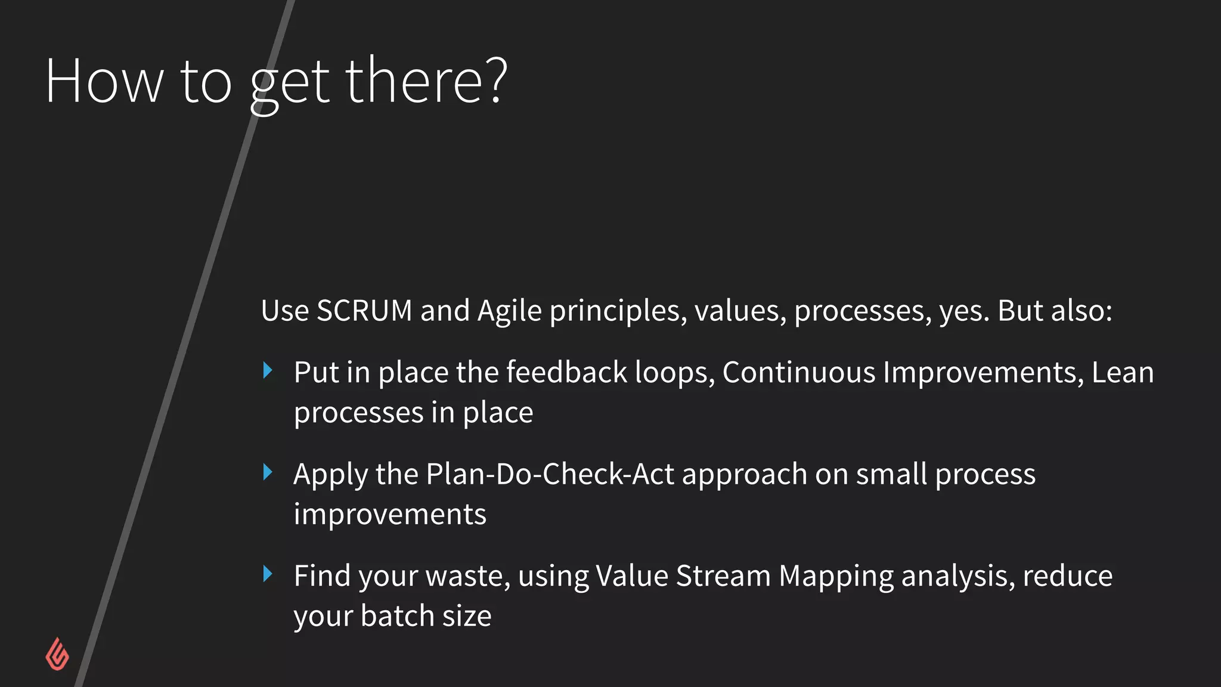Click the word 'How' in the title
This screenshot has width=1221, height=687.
coord(104,81)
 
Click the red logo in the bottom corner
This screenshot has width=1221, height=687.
coord(57,654)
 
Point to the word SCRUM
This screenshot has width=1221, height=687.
coord(364,311)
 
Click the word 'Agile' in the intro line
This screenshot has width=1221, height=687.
coord(510,311)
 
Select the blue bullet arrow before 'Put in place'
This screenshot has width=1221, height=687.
coord(268,371)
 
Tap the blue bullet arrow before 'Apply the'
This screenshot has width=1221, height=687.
coord(268,473)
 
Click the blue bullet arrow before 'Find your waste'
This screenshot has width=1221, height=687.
coord(268,574)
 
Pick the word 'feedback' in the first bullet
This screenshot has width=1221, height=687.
coord(566,372)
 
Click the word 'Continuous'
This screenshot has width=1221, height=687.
coord(798,372)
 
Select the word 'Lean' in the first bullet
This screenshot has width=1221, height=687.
coord(1123,372)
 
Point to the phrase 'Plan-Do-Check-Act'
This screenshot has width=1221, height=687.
coord(550,474)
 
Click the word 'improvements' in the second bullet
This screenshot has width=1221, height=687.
coord(390,514)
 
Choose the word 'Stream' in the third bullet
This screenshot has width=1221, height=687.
coord(723,576)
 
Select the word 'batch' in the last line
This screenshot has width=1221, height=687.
coord(397,615)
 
